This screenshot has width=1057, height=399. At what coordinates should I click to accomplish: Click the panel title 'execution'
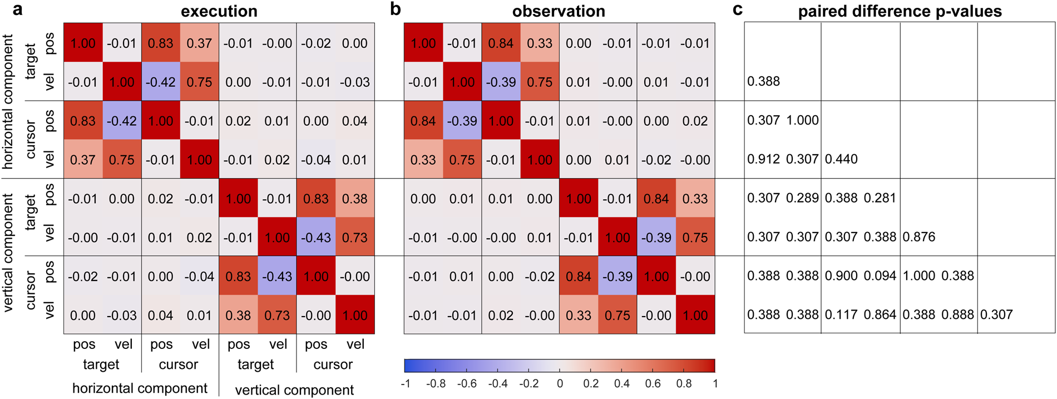[x=219, y=11]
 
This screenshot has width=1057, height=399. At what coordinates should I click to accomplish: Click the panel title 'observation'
[x=559, y=11]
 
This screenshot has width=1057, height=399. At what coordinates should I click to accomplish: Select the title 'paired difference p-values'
[x=900, y=11]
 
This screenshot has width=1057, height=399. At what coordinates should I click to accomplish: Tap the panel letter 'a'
[x=18, y=9]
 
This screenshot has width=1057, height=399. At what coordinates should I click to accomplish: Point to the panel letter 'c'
[x=738, y=9]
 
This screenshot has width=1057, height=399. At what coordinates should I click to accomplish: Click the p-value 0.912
[x=763, y=159]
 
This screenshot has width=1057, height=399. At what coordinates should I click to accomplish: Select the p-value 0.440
[x=841, y=159]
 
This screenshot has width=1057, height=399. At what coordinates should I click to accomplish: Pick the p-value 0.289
[x=802, y=198]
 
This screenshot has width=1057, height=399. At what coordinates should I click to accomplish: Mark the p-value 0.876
[x=919, y=237]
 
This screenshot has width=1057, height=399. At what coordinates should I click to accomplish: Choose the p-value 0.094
[x=880, y=276]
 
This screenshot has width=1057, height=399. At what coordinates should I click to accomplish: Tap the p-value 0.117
[x=841, y=315]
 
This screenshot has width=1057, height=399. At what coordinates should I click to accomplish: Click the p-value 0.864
[x=880, y=315]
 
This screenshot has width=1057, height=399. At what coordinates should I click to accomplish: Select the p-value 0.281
[x=880, y=198]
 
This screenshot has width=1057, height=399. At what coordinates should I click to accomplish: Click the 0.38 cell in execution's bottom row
[x=238, y=316]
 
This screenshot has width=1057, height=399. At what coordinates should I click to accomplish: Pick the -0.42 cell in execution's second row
[x=160, y=82]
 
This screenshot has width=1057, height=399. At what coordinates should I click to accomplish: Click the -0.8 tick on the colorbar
[x=436, y=383]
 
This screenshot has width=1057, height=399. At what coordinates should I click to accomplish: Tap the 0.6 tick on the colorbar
[x=653, y=383]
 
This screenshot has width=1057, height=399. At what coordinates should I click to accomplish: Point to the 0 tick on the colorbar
[x=560, y=383]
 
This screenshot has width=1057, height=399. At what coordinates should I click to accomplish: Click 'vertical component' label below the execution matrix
[x=294, y=390]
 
